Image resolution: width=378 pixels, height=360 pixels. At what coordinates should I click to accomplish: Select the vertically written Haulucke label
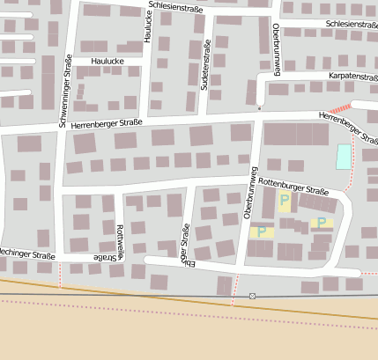click(148, 27)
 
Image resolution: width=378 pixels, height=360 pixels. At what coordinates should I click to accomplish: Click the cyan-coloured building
click(343, 157)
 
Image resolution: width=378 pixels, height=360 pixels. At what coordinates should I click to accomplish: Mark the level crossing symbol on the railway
click(252, 296)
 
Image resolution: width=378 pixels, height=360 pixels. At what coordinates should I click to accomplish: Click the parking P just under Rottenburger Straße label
click(284, 202)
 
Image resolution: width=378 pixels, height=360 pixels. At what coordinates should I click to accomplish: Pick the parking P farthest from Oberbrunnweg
click(322, 223)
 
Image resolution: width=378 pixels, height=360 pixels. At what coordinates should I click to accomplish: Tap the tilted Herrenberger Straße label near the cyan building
click(349, 125)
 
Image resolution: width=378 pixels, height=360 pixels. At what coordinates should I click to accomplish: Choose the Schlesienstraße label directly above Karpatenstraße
click(351, 24)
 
